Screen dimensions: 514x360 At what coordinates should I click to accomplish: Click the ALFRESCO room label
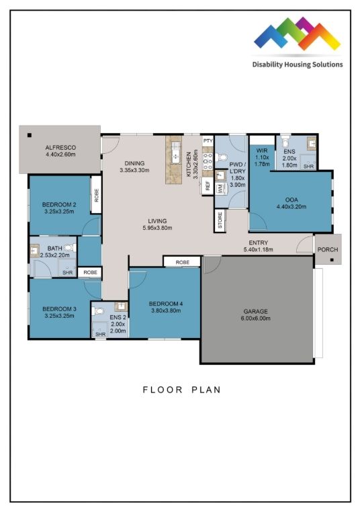coord(59,146)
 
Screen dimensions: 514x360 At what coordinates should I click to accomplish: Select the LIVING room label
coord(157,220)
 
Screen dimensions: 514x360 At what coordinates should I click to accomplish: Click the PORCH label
coord(328,250)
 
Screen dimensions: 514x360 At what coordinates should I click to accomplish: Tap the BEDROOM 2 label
coord(58,204)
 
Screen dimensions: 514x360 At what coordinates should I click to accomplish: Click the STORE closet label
coord(220,221)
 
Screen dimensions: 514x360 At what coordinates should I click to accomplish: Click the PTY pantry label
coord(208,141)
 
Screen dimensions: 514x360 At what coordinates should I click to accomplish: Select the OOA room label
coord(291,198)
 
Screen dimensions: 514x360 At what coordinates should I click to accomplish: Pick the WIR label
coord(262,151)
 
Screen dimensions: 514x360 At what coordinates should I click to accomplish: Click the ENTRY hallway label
coord(258,243)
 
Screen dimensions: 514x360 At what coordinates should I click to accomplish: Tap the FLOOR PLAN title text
coord(181,389)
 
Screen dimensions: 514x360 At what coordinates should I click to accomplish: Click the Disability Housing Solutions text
coord(297,65)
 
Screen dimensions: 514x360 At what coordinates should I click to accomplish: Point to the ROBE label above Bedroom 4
coord(182,262)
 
